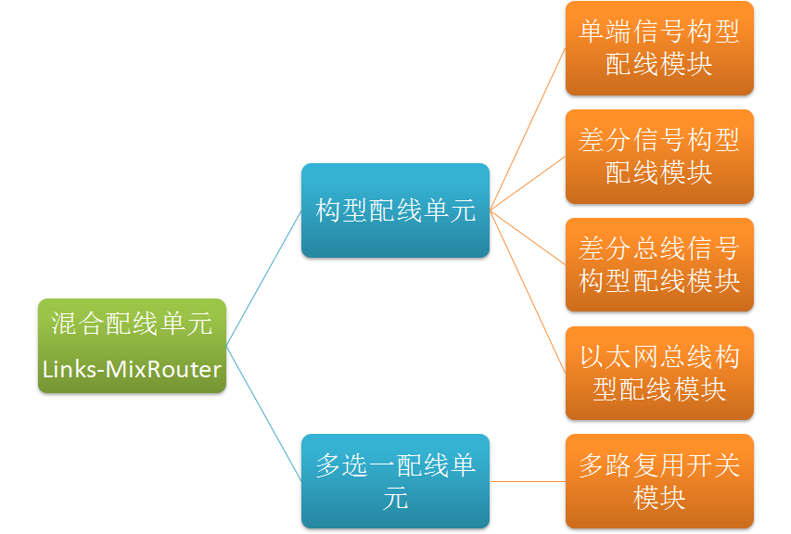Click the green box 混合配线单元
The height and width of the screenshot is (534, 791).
click(x=132, y=345)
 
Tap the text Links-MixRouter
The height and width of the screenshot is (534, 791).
click(x=132, y=370)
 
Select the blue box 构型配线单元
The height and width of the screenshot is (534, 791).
click(x=395, y=210)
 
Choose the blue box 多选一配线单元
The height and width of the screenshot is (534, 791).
click(x=395, y=481)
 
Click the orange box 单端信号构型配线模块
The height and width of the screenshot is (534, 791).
click(x=659, y=48)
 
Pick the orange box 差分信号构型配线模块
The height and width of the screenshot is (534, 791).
click(x=659, y=157)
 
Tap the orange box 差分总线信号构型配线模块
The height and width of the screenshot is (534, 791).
click(x=659, y=265)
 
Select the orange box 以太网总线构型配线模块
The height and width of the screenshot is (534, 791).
click(x=659, y=373)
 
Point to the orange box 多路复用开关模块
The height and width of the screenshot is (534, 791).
click(x=659, y=481)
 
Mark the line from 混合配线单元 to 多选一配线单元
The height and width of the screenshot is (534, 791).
click(x=264, y=413)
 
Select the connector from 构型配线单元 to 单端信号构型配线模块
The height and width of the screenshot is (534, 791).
click(x=528, y=129)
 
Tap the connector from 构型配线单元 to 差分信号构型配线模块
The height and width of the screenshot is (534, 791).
click(x=528, y=184)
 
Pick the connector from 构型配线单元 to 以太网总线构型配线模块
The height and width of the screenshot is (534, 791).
click(x=528, y=291)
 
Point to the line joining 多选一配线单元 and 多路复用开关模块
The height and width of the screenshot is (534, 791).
click(x=528, y=481)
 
